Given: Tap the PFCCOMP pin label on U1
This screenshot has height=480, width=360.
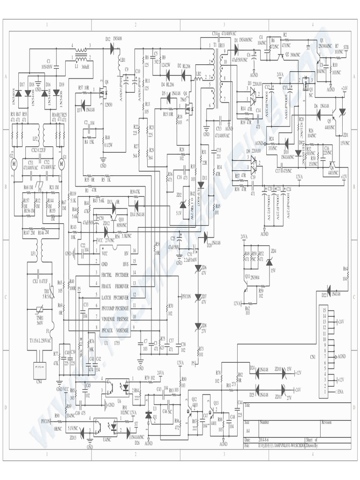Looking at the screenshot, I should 112,307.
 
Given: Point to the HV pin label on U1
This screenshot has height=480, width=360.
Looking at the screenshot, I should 126,253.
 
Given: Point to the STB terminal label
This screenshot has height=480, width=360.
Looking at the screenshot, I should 346,47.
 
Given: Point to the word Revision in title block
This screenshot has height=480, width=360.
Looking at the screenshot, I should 326,422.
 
